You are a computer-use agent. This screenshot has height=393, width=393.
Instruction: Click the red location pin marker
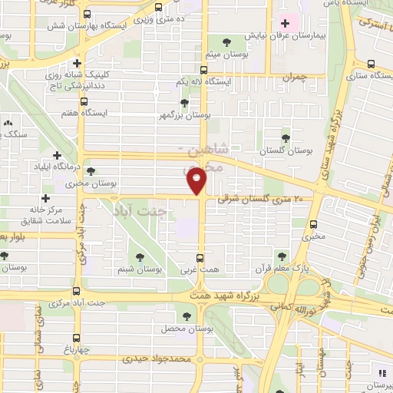(x=197, y=181)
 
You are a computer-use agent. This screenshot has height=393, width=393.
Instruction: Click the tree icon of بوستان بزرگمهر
(x=183, y=102)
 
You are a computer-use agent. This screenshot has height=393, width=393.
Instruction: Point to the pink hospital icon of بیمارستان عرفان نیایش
(x=286, y=24)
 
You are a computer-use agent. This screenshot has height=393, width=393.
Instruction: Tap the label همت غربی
(x=200, y=270)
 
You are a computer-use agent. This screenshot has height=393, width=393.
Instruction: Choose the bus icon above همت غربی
(x=200, y=257)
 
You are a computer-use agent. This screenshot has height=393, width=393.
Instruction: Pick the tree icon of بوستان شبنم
(x=139, y=257)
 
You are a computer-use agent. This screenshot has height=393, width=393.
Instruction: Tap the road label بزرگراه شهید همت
(x=239, y=296)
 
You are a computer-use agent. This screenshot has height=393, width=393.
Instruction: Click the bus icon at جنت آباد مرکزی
(x=77, y=290)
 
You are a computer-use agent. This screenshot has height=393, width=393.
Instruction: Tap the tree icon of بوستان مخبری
(x=91, y=172)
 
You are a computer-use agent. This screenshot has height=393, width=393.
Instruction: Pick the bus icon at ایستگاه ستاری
(x=372, y=64)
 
